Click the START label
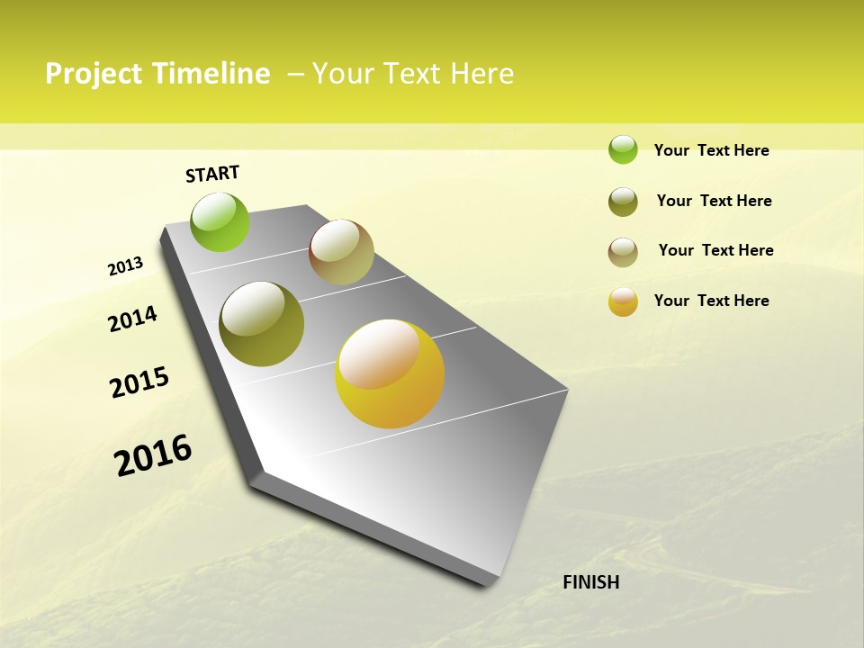click(x=212, y=174)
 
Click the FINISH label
click(x=590, y=582)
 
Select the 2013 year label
click(x=125, y=266)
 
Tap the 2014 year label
click(x=132, y=319)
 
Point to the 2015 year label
click(x=139, y=382)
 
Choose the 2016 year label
click(x=153, y=455)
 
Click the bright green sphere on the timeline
click(x=220, y=222)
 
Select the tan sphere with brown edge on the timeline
click(x=341, y=252)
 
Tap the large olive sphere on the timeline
click(x=262, y=324)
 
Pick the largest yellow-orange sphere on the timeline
click(x=390, y=373)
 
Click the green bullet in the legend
click(x=623, y=149)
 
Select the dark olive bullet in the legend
click(x=623, y=202)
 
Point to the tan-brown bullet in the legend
click(x=623, y=252)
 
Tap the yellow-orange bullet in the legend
click(x=623, y=301)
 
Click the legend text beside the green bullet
click(x=711, y=150)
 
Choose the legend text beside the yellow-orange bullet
click(x=711, y=301)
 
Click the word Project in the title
click(x=94, y=74)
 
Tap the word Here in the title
click(x=481, y=74)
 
